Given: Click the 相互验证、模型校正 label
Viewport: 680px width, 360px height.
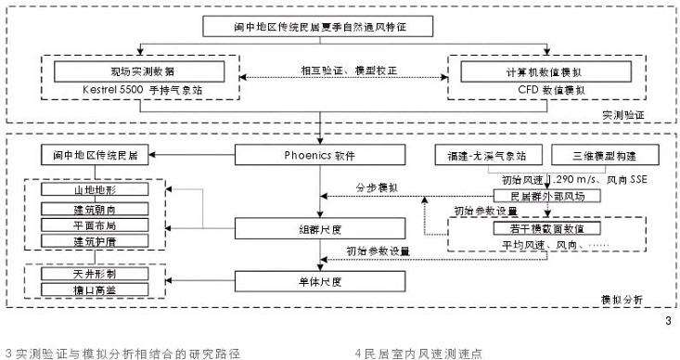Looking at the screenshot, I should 337,71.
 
